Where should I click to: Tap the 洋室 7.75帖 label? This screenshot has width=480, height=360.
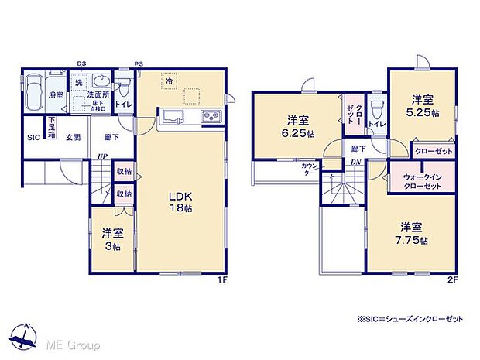[x=411, y=233]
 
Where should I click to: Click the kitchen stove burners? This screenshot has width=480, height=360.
[x=210, y=117]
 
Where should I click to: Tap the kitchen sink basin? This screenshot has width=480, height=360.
[x=172, y=117]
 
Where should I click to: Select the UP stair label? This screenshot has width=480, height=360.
[x=101, y=158]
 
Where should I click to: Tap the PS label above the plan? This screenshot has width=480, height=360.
[x=139, y=63]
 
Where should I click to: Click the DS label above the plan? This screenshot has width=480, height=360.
[x=81, y=63]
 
